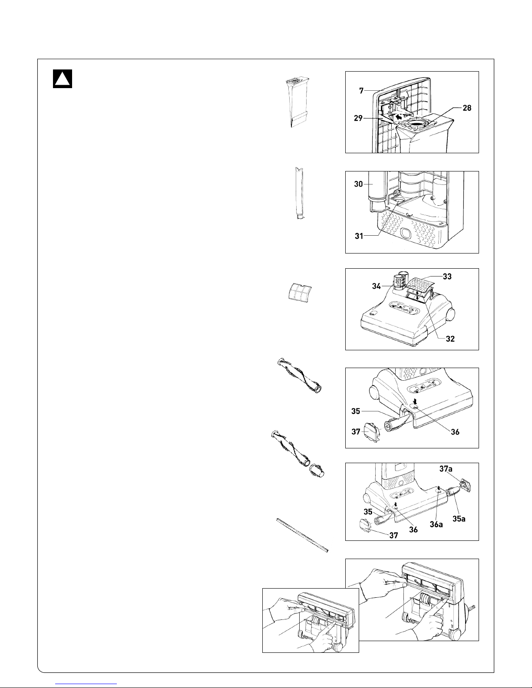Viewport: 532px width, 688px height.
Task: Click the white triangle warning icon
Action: [63, 79]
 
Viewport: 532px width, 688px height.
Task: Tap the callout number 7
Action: [361, 91]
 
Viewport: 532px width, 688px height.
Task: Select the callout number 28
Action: [467, 108]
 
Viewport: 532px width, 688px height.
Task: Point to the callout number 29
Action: [358, 118]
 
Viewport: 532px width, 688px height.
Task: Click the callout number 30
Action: [358, 184]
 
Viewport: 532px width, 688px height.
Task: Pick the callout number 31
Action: [359, 236]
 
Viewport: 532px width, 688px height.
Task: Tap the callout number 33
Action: [447, 277]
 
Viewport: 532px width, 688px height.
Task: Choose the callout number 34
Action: [376, 286]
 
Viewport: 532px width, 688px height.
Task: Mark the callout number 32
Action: [450, 339]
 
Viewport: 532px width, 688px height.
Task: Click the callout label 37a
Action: [446, 469]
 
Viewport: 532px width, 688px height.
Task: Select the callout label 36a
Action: [436, 524]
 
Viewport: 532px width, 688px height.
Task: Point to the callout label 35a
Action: [459, 519]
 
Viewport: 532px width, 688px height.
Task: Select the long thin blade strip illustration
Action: [302, 535]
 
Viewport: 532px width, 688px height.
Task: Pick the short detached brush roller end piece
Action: [317, 471]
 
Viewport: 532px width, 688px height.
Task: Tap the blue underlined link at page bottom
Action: [86, 684]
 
